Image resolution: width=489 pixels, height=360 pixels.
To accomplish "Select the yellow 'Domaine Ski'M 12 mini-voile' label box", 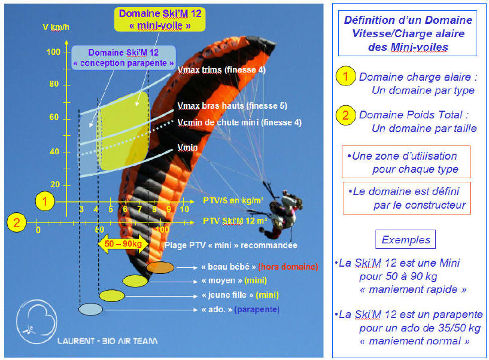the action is [x=160, y=19].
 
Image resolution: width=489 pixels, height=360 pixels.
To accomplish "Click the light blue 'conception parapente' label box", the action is [x=123, y=57].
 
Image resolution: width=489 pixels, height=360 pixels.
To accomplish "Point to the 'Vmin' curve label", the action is [x=187, y=148].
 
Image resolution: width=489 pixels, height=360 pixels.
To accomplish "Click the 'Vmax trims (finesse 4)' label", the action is [x=221, y=70].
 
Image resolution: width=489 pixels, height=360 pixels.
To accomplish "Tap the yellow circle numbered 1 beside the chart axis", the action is [x=45, y=201].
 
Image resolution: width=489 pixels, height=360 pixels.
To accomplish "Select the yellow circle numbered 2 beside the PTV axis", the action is [x=17, y=222].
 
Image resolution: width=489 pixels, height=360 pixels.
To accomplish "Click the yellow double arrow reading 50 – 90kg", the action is [x=123, y=244].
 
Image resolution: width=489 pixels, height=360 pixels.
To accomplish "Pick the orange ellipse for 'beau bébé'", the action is [x=160, y=267].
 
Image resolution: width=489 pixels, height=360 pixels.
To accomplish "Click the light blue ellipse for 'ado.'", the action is [x=90, y=309].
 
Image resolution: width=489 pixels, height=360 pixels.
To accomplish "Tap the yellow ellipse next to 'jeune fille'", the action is [x=112, y=295].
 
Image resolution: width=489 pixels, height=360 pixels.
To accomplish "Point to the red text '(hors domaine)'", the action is [x=288, y=267].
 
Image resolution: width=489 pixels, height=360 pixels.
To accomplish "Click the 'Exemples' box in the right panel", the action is [x=405, y=239].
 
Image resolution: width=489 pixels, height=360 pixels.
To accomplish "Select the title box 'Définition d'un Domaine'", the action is [x=408, y=33].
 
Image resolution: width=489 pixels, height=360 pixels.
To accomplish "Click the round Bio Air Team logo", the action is [x=37, y=322].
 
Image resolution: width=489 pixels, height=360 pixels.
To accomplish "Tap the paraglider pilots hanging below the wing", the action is [x=281, y=212].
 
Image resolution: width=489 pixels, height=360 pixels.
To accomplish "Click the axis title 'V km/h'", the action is [x=56, y=27].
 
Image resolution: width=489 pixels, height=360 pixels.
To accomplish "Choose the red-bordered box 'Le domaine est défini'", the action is [x=406, y=198].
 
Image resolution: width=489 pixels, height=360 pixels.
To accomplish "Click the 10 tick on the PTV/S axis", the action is [x=184, y=209].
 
